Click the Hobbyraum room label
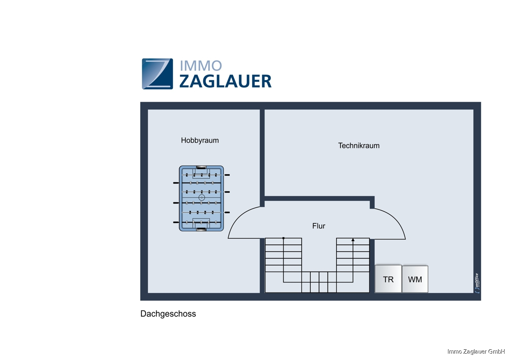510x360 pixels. [x=200, y=140]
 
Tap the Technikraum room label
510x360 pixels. [x=359, y=145]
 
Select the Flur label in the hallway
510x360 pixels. [x=319, y=226]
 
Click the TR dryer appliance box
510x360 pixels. [x=388, y=279]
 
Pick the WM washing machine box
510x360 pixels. [x=415, y=279]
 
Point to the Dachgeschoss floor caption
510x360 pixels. [x=168, y=314]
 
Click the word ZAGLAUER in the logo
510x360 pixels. [x=225, y=81]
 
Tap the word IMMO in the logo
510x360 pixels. [x=200, y=66]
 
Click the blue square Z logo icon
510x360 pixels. [x=157, y=74]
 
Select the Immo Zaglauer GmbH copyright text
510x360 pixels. [x=476, y=351]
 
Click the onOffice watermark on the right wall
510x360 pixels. [x=477, y=283]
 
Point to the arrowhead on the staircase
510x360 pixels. [x=353, y=239]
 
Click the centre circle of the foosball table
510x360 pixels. [x=201, y=197]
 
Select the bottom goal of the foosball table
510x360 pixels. [x=201, y=229]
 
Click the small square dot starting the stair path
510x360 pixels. [x=283, y=238]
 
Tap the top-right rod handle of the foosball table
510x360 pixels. [x=227, y=175]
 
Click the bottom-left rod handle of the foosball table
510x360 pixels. [x=176, y=222]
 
